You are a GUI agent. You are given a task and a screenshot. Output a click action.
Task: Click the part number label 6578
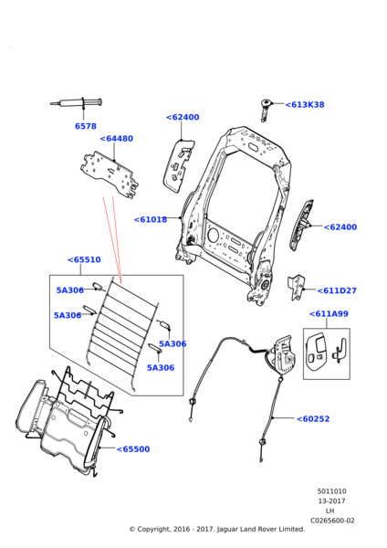[x=86, y=126]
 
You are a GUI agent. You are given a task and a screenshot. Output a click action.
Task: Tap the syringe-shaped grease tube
[x=76, y=103]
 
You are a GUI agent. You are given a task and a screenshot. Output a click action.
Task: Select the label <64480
[x=117, y=139]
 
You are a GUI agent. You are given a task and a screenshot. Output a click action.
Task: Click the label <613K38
[x=305, y=104]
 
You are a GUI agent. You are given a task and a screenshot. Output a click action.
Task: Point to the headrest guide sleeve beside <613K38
[x=267, y=110]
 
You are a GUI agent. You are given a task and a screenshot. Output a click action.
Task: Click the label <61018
[x=151, y=219]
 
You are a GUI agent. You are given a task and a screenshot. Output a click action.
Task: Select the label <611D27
[x=337, y=290]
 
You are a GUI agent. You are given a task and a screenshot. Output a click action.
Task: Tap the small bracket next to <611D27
[x=297, y=288]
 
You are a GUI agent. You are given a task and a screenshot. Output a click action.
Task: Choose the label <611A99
[x=329, y=314]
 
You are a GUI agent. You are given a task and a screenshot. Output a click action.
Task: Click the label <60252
[x=313, y=418]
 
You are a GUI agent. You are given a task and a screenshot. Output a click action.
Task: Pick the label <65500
[x=133, y=449]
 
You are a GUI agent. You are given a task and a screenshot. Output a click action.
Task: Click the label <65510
[x=84, y=259]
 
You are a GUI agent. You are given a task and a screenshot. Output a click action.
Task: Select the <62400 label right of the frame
[x=340, y=227]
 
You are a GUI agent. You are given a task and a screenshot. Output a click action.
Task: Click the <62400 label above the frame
[x=183, y=117]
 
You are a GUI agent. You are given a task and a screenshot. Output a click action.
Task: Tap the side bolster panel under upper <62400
[x=178, y=165]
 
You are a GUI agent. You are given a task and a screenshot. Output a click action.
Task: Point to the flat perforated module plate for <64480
[x=110, y=174]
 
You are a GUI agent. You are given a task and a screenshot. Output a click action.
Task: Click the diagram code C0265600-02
[x=332, y=521]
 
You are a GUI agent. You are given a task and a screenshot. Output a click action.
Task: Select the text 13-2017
[x=331, y=501]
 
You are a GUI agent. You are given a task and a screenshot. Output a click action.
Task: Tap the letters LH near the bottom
[x=329, y=511]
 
